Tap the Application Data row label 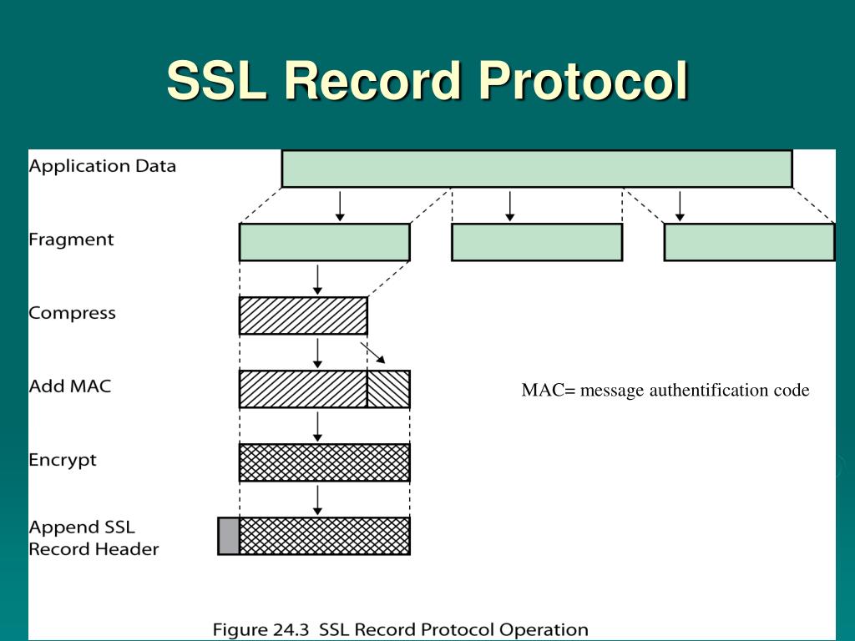[x=103, y=165]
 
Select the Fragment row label [x=71, y=240]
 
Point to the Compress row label [x=72, y=314]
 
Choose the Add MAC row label [x=69, y=386]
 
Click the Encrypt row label [x=63, y=460]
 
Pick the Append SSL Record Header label [x=93, y=538]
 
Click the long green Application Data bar [x=537, y=169]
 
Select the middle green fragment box [x=537, y=242]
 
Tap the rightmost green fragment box [x=749, y=242]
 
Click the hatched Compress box [x=303, y=315]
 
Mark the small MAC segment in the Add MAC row [x=388, y=389]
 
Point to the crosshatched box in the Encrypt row [x=324, y=462]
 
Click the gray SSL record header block [x=228, y=536]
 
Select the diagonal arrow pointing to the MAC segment [x=373, y=352]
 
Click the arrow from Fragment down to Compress [x=317, y=280]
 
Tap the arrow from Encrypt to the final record [x=317, y=500]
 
